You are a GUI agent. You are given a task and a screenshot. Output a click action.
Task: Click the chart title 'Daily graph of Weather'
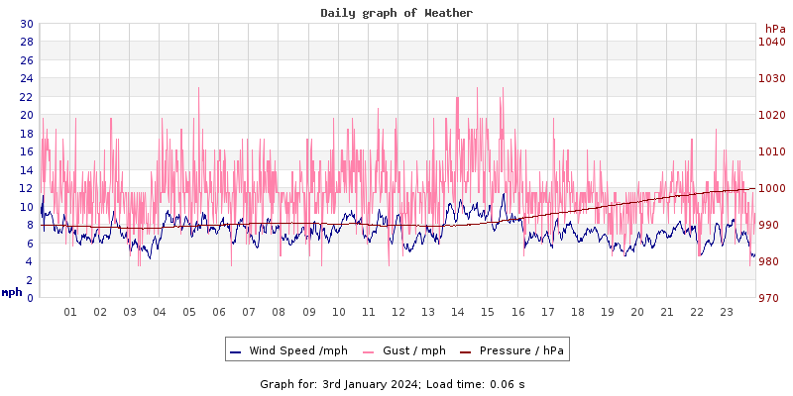[396, 13]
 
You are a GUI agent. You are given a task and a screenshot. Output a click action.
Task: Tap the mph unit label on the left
[11, 292]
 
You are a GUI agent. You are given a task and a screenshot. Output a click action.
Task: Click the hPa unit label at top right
[774, 29]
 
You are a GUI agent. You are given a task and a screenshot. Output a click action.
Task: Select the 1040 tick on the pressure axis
[771, 42]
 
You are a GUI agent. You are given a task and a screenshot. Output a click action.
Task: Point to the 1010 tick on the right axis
[771, 151]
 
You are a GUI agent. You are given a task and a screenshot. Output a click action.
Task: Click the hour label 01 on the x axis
[70, 312]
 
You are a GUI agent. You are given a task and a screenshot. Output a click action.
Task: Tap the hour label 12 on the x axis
[398, 312]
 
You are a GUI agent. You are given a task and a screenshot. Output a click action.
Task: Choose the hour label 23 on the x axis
[727, 312]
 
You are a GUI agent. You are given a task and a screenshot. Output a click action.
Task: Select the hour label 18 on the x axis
[577, 312]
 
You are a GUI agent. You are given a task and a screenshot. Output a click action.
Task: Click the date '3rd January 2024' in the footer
[371, 383]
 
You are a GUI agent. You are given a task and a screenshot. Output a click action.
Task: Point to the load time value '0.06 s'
[508, 383]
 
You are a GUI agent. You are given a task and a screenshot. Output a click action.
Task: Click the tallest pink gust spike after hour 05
[199, 88]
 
